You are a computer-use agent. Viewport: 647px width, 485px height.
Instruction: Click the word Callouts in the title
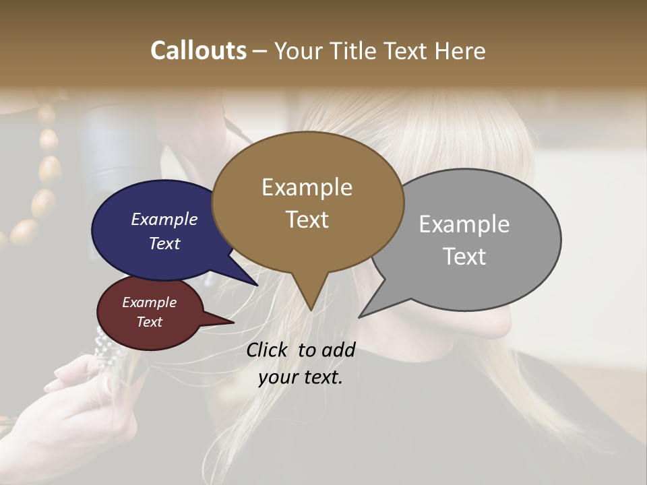(198, 51)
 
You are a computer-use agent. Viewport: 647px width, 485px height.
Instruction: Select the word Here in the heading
(458, 51)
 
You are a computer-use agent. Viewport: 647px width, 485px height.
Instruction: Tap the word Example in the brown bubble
(307, 187)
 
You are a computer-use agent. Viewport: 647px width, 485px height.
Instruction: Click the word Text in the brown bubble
(307, 220)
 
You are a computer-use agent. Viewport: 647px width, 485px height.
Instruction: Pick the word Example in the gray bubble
(464, 224)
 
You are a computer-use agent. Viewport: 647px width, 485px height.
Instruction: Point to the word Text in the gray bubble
(464, 257)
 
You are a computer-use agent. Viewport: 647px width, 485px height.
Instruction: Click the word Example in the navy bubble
(164, 220)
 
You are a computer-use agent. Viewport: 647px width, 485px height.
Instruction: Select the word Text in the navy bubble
(164, 243)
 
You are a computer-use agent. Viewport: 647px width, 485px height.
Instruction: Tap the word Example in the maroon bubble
(149, 302)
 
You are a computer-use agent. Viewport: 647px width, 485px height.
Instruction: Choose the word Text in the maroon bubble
(149, 322)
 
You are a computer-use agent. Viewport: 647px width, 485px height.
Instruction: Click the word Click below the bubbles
(268, 350)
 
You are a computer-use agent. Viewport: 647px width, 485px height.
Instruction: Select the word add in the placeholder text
(338, 350)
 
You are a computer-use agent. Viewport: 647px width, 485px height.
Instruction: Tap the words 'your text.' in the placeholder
(300, 377)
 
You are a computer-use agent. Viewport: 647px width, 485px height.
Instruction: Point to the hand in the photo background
(81, 397)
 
